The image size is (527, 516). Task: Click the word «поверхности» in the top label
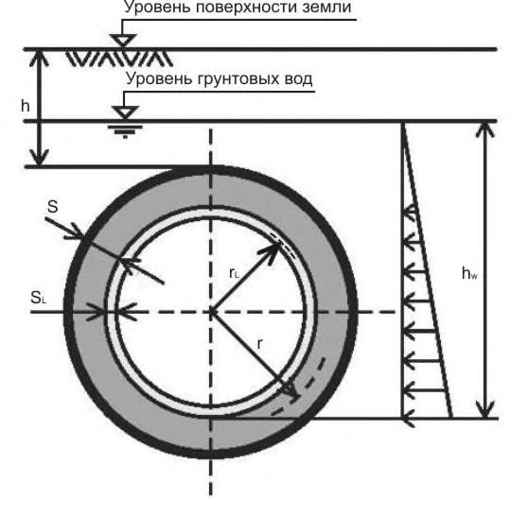tap(246, 8)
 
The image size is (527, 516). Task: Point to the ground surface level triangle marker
tap(124, 41)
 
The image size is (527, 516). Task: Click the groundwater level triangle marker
tap(125, 112)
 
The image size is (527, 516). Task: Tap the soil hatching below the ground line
tap(119, 59)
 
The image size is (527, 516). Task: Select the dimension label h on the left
tap(26, 106)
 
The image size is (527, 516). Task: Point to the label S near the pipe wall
tap(53, 206)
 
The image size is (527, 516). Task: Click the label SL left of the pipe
tap(38, 298)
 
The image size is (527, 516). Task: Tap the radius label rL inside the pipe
tap(234, 273)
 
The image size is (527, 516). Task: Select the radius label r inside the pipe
tap(259, 344)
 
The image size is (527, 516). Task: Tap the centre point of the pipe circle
tap(211, 312)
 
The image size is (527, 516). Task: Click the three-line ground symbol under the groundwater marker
tap(125, 131)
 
